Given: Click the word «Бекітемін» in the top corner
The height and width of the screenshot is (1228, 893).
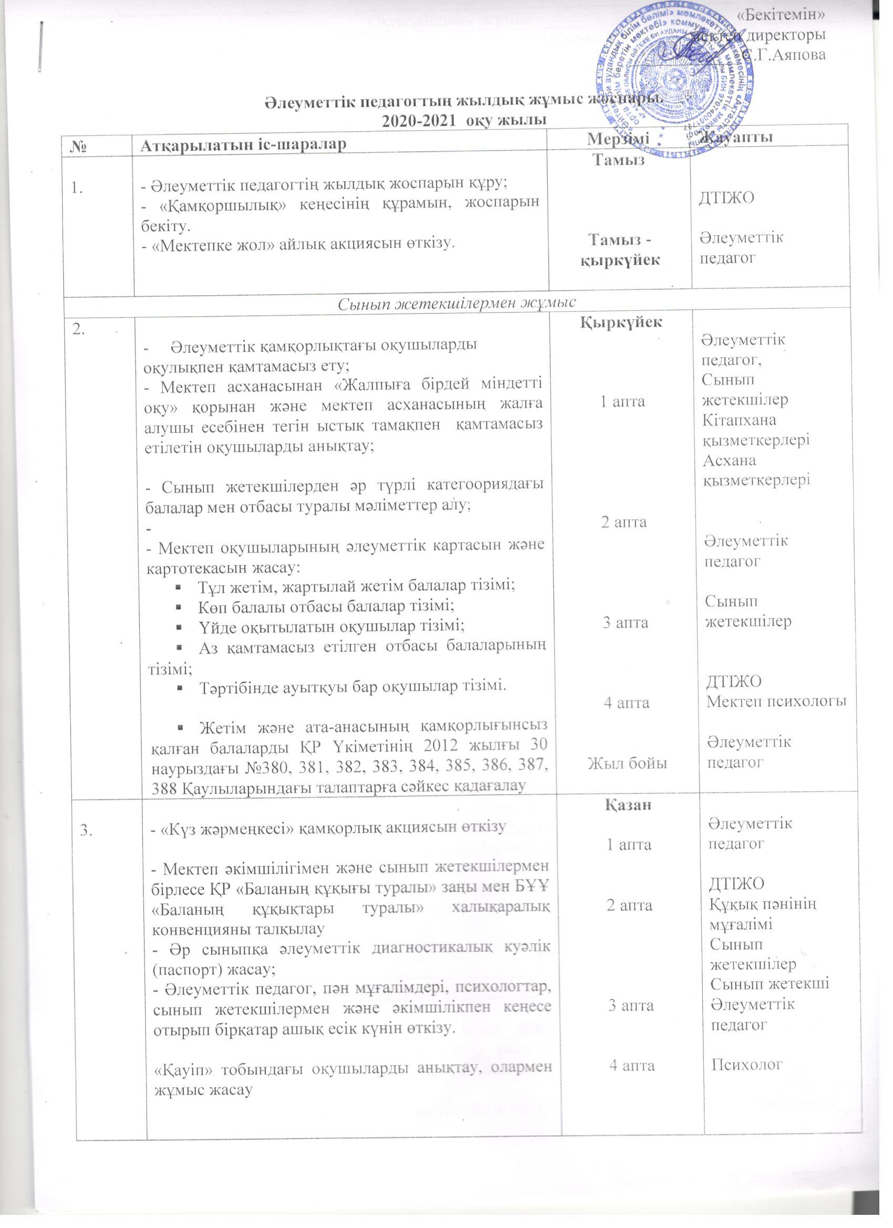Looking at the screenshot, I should coord(782,15).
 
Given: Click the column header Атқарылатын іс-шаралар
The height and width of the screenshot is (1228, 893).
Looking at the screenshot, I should coord(243,144).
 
